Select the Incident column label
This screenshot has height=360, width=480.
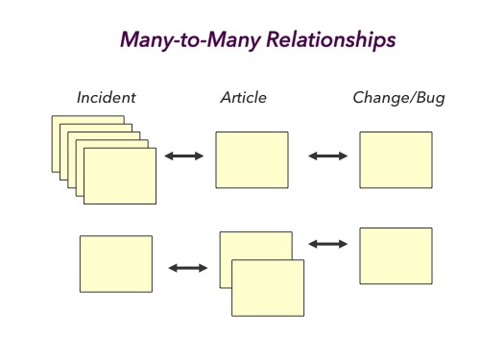[107, 98]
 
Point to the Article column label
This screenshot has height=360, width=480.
[243, 98]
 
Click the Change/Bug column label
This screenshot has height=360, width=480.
[398, 98]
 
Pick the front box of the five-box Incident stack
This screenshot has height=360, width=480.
[120, 175]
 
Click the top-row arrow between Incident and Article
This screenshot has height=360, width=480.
[184, 156]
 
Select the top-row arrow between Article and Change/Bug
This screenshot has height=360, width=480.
[327, 156]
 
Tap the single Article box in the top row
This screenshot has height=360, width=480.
[252, 159]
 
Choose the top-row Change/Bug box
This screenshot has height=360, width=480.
[396, 159]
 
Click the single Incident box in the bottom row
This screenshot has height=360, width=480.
[115, 263]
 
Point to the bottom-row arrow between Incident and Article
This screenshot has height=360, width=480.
[187, 268]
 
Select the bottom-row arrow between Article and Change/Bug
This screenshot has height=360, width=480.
[327, 244]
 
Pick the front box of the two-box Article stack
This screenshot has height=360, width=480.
[268, 288]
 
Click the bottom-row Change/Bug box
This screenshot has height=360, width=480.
[396, 255]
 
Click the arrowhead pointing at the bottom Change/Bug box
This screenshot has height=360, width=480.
[343, 244]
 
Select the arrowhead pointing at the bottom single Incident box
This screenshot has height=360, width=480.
[172, 268]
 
